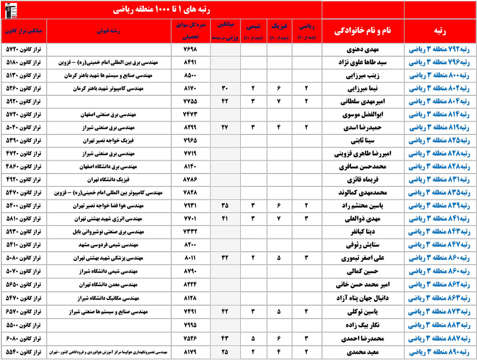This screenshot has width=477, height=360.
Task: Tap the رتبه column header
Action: [440, 31]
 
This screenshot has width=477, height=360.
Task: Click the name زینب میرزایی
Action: [363, 75]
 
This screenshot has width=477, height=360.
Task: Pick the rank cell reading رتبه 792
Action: [440, 49]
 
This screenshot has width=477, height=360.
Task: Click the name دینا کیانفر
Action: [363, 233]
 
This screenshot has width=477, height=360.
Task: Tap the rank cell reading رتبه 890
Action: [440, 353]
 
